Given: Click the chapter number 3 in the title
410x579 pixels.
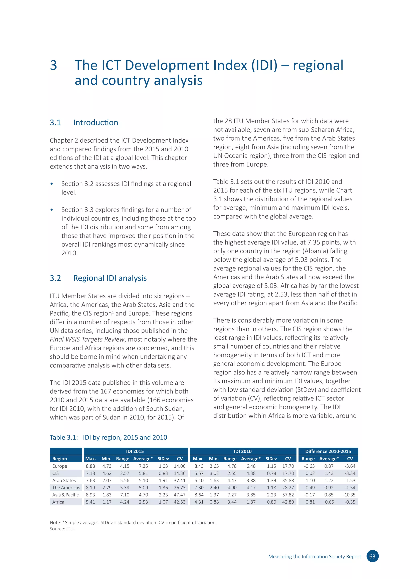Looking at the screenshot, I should (x=53, y=65).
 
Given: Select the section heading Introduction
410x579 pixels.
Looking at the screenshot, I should (x=95, y=123).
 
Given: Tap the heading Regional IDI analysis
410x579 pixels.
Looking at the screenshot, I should (x=110, y=278).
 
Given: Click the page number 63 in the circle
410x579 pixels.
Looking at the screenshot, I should (x=372, y=556).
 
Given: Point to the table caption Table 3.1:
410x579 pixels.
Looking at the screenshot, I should (x=64, y=437).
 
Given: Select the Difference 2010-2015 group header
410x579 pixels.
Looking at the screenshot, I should (x=328, y=451).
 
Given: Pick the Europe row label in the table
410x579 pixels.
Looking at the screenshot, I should (x=60, y=466).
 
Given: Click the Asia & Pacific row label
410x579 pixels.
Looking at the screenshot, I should (x=65, y=495).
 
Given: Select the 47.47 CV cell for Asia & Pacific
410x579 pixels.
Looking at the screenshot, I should (x=180, y=495).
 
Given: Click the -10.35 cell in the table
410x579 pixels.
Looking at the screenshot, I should (x=349, y=495).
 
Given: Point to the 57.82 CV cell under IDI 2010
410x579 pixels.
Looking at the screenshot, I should (x=288, y=495).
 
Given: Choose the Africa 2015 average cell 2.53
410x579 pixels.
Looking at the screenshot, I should (x=143, y=502).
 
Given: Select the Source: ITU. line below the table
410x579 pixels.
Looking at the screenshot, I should (x=62, y=529).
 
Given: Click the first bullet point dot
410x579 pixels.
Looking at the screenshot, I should (x=52, y=184).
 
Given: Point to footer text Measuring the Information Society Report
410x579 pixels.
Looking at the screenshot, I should (x=315, y=557).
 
